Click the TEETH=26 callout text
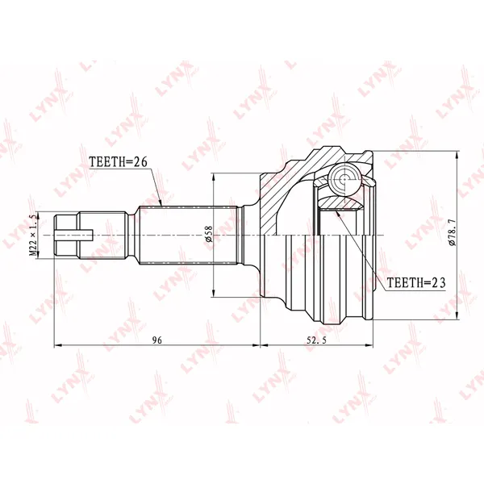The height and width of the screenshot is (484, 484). coord(119,162)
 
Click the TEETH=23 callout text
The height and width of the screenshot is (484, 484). coord(416,282)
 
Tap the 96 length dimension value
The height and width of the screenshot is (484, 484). coord(157,340)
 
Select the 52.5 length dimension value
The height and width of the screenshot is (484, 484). coord(316,340)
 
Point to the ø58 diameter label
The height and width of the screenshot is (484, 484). coord(209,234)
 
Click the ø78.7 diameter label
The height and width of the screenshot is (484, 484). coord(452,233)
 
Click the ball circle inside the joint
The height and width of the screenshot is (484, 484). coord(344,178)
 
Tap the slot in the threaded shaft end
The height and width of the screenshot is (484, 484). coord(74,236)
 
